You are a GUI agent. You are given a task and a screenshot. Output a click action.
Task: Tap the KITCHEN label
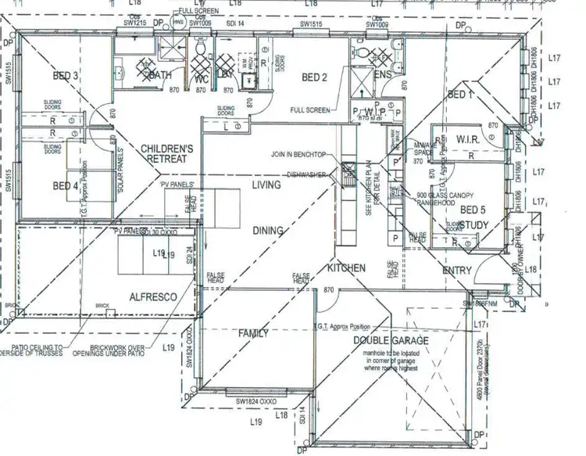coord(346,268)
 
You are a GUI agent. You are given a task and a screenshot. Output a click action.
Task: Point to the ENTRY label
coord(457,270)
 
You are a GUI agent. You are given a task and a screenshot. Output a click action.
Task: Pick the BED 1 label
coord(460,95)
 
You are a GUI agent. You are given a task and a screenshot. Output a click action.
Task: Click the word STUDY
coord(473,225)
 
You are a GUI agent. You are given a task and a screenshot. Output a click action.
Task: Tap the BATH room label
coord(160,75)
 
